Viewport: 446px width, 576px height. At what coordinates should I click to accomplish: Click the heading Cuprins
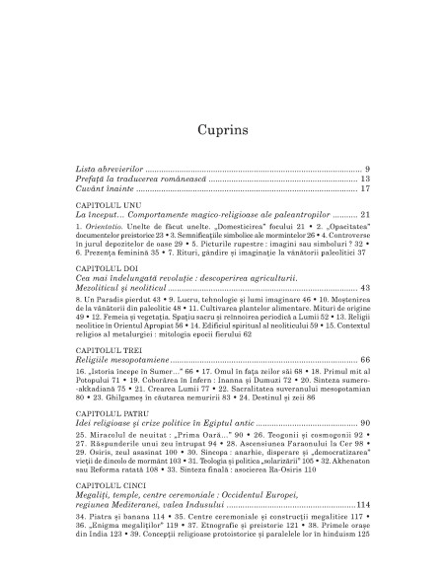tap(222, 102)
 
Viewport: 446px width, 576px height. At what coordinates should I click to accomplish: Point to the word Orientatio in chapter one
tap(109, 227)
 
